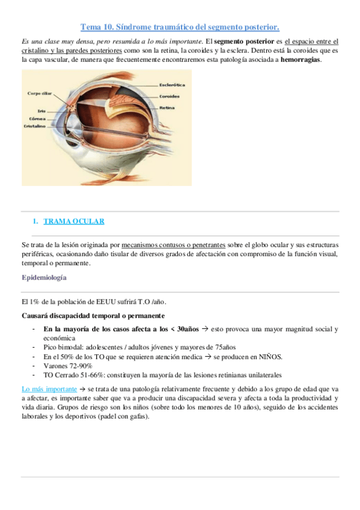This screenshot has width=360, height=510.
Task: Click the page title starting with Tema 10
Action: click(x=180, y=27)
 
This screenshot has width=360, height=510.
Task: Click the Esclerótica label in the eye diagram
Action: click(x=173, y=85)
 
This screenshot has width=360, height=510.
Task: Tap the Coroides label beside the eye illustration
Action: click(x=170, y=96)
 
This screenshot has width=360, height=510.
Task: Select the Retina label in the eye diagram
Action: click(x=167, y=108)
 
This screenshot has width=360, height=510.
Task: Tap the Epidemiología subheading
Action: click(x=44, y=278)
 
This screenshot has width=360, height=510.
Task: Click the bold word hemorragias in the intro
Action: click(x=301, y=60)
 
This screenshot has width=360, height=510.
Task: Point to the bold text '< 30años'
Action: click(x=184, y=329)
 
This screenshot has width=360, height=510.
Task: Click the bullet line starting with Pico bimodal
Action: click(x=139, y=347)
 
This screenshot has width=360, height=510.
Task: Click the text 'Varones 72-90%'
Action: click(x=68, y=365)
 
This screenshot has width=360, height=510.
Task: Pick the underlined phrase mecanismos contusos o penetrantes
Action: click(x=173, y=245)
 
